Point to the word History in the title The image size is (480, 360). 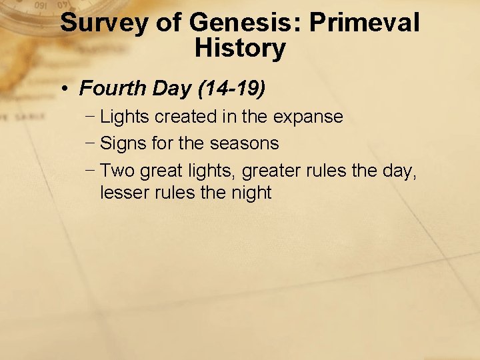(240, 49)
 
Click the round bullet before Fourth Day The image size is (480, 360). (69, 88)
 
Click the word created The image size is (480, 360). (189, 117)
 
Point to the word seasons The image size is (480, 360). (244, 143)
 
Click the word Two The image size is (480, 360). (117, 171)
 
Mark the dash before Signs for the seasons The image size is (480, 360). (90, 143)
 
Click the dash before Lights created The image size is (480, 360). (90, 117)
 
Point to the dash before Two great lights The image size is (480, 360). (90, 171)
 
